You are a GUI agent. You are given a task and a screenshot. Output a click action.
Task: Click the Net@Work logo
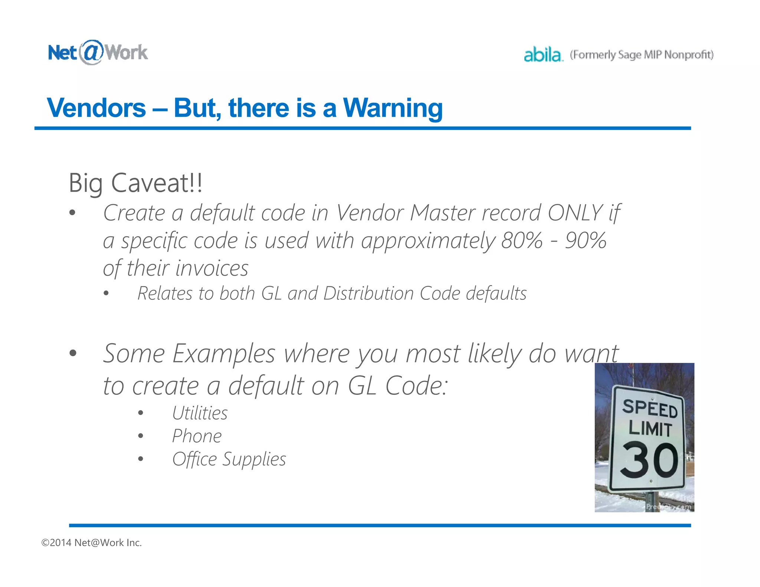pyautogui.click(x=98, y=52)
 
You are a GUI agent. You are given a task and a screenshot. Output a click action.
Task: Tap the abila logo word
pyautogui.click(x=543, y=55)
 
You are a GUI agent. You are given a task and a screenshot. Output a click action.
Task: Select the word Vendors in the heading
pyautogui.click(x=96, y=108)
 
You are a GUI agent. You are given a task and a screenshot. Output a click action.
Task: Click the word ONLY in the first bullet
pyautogui.click(x=575, y=213)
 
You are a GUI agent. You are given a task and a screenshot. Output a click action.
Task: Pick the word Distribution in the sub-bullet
pyautogui.click(x=368, y=293)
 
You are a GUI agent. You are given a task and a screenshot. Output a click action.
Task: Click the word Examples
pyautogui.click(x=224, y=353)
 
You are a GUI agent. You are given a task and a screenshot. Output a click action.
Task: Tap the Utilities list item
pyautogui.click(x=200, y=413)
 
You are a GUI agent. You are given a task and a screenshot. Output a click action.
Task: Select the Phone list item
pyautogui.click(x=197, y=436)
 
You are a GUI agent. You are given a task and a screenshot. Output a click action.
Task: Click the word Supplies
pyautogui.click(x=254, y=459)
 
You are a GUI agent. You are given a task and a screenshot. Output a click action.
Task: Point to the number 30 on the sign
pyautogui.click(x=649, y=460)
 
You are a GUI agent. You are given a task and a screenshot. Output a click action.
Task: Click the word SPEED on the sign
pyautogui.click(x=649, y=408)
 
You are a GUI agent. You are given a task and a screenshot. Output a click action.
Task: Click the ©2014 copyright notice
pyautogui.click(x=91, y=542)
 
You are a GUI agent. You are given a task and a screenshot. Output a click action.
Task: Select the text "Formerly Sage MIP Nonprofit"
pyautogui.click(x=642, y=55)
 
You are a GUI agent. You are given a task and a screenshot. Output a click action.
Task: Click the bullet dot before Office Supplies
pyautogui.click(x=140, y=459)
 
